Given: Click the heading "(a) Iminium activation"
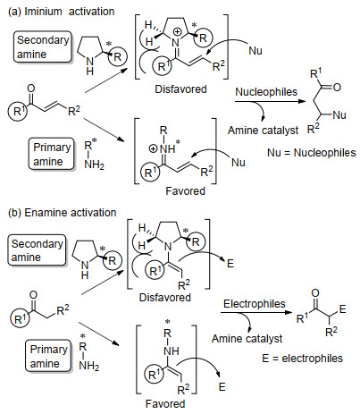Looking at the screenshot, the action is click(x=62, y=12).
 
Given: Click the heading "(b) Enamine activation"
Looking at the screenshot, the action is click(x=62, y=213).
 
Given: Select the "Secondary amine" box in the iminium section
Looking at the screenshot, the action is click(x=42, y=46).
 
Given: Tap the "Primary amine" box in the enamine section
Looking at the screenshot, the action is click(x=48, y=356).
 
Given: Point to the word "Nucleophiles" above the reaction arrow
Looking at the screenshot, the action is click(x=266, y=92).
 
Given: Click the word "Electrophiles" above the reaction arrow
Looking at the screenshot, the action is click(x=255, y=304).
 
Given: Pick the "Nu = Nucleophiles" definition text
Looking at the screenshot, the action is click(x=312, y=153).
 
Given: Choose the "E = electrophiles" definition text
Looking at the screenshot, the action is click(x=303, y=358).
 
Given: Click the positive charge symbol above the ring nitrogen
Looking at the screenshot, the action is click(x=177, y=31).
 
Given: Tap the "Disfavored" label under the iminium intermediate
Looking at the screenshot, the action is click(x=180, y=89).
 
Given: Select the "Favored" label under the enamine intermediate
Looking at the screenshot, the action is click(x=165, y=403).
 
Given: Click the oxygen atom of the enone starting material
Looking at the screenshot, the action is click(x=31, y=89).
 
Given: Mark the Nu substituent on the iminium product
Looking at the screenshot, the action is click(x=339, y=115).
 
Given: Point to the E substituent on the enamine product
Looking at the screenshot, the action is click(x=342, y=309).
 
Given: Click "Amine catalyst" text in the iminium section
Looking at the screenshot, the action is click(x=263, y=131).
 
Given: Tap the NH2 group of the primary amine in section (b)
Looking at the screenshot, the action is click(x=89, y=366).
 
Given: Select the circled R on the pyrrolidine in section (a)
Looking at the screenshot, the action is click(x=118, y=56).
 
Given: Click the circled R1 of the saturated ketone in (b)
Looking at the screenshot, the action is click(x=20, y=319).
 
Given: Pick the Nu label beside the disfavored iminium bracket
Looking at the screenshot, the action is click(x=255, y=51).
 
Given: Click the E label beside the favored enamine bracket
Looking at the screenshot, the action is click(x=222, y=387).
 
